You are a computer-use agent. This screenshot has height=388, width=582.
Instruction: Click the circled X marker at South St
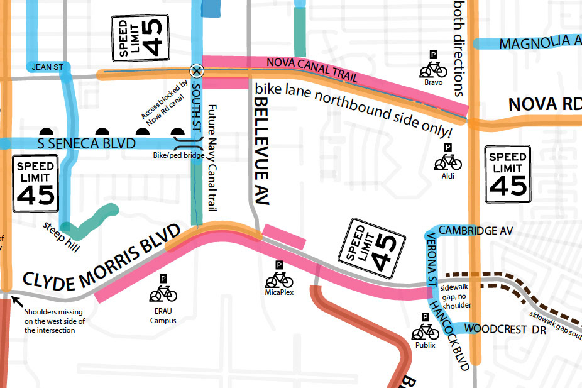pos(197,70)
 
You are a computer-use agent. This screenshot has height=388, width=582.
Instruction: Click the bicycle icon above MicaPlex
pos(280,279)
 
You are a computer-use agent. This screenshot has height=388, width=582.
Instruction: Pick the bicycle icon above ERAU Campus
pos(163,292)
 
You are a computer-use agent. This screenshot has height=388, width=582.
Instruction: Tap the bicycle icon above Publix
pos(425,332)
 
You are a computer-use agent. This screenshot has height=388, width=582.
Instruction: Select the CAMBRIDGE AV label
pos(475,231)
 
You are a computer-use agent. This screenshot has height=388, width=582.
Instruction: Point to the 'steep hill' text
pos(62,237)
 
